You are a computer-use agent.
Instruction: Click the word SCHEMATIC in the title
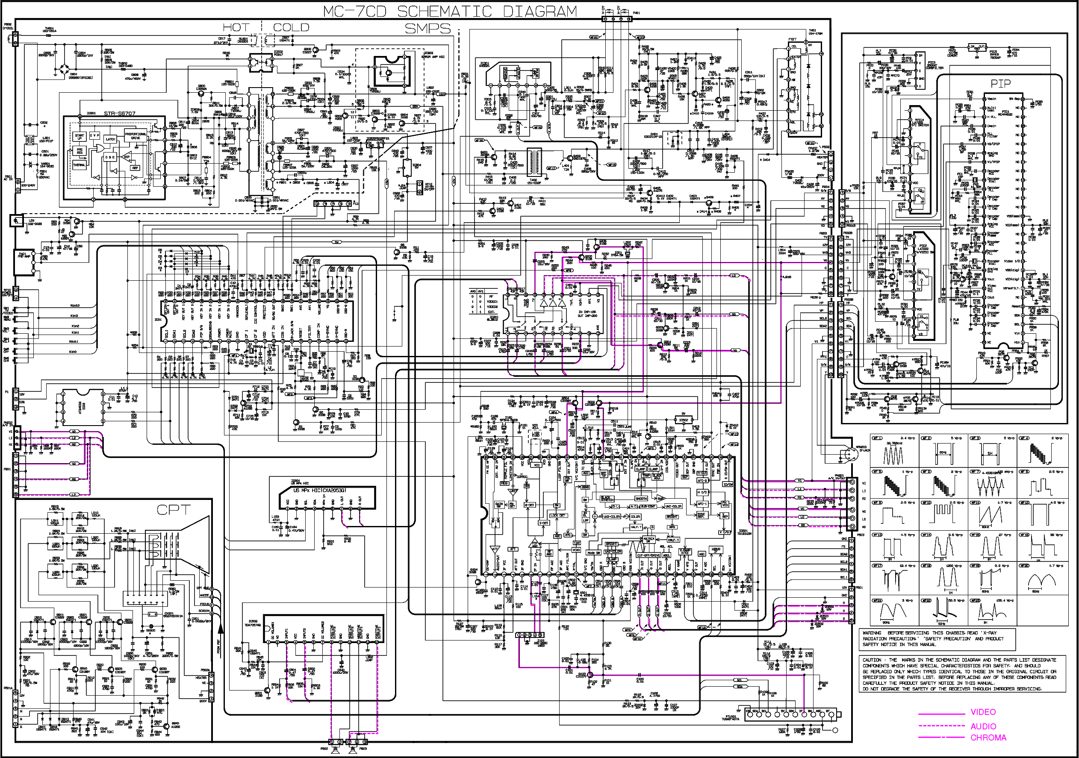tap(444, 11)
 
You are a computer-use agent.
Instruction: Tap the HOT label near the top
tap(236, 28)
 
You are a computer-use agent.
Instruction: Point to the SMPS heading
tap(427, 29)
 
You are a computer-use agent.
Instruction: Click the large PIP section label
tap(1000, 84)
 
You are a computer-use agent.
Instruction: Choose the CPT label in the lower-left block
tap(174, 510)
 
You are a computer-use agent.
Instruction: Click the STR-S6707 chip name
tap(119, 114)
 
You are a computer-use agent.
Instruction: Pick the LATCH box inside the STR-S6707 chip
tap(110, 139)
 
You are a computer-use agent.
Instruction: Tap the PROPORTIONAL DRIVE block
tap(136, 136)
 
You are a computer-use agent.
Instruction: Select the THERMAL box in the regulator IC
tap(79, 165)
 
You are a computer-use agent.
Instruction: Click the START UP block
tap(80, 137)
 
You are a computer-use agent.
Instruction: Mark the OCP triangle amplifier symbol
tap(127, 157)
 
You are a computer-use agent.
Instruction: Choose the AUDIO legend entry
tap(983, 726)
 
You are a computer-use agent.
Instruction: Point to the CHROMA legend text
tap(988, 738)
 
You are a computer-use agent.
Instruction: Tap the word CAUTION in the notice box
tap(872, 660)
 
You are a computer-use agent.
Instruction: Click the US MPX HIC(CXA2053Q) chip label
tap(320, 491)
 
